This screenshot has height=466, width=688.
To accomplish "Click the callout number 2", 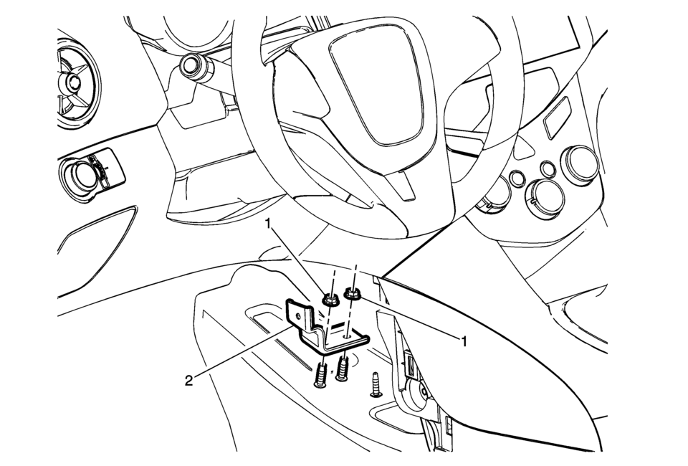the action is coord(188,381).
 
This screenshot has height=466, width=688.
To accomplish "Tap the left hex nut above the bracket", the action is coord(329,300).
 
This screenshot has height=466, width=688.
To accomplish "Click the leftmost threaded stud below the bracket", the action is coord(321,374).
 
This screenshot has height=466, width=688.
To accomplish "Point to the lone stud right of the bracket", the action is coord(375,385).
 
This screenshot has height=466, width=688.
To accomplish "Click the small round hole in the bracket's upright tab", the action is coord(299,315).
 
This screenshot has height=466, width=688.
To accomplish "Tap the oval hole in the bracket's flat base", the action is coord(348,336).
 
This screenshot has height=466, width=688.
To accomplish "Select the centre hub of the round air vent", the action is coord(72,81).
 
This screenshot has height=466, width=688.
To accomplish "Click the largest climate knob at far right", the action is coord(580,162).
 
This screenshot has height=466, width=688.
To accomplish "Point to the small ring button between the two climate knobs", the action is coord(546,168).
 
